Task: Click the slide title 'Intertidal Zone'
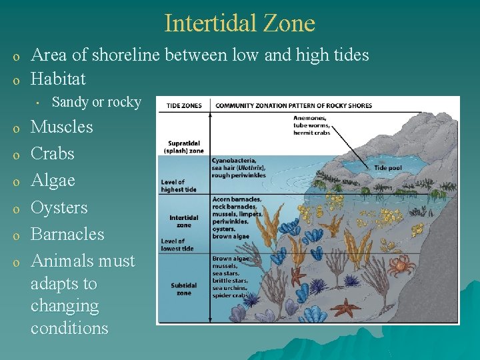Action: tap(239, 23)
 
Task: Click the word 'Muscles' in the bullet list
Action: tap(62, 127)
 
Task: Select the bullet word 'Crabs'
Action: tap(53, 153)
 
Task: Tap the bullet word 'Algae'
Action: tap(53, 181)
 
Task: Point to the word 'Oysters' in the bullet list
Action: tap(59, 207)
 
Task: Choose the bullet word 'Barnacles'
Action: tap(67, 234)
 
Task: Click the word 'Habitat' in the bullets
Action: tap(59, 79)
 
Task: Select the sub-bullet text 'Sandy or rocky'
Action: tap(96, 102)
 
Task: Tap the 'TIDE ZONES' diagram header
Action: tap(184, 105)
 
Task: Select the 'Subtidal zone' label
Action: tap(183, 289)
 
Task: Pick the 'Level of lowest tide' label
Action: tap(177, 245)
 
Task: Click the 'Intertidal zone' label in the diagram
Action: tap(183, 221)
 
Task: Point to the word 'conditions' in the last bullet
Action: tap(69, 328)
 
